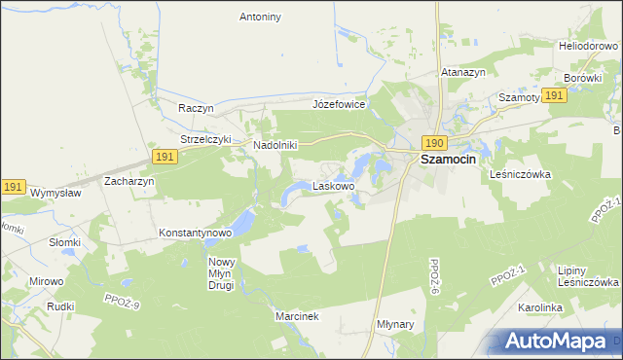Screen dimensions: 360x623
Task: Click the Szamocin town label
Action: (448, 161)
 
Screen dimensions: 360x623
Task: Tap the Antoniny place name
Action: (260, 17)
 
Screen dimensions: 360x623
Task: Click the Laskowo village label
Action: (333, 185)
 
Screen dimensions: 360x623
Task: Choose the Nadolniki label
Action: (275, 145)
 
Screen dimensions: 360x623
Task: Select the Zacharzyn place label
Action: (129, 181)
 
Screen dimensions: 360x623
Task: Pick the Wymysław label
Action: (56, 193)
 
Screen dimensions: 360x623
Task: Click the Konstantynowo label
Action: (195, 234)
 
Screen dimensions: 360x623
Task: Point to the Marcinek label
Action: (297, 317)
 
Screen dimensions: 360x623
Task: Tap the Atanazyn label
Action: (463, 71)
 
